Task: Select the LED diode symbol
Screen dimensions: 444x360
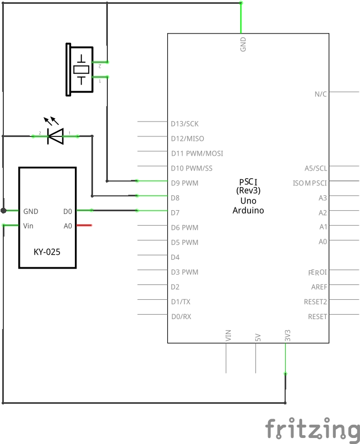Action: coord(55,135)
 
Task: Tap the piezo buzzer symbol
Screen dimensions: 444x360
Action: coord(80,69)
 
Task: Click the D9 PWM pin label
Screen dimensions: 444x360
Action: coord(184,183)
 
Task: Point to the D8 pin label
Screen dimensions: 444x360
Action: coord(175,198)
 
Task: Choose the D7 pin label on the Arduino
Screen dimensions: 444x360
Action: coord(175,213)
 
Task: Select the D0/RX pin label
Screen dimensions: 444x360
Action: coord(181,317)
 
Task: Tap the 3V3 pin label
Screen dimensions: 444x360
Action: coord(287,336)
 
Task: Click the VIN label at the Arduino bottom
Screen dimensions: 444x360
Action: coord(228,335)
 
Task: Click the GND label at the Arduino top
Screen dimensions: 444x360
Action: coord(243,44)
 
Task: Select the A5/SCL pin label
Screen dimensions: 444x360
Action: coord(315,168)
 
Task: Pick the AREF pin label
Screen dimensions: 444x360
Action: coord(319,287)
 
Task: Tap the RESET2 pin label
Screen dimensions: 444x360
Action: coord(315,302)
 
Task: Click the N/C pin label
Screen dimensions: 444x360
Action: coord(320,94)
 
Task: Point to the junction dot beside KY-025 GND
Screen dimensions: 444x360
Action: coord(3,211)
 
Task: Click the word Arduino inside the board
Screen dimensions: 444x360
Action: coord(248,210)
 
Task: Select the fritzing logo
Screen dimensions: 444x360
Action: coord(311,429)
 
